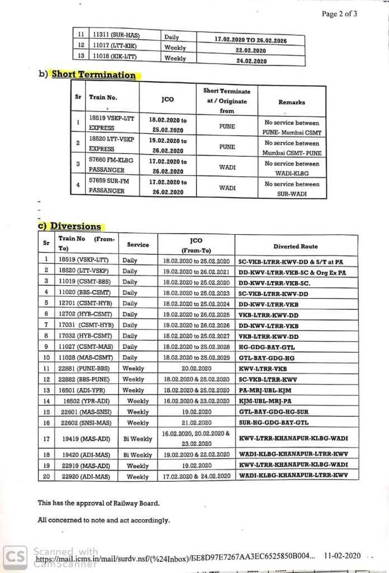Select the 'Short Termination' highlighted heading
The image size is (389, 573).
(94, 74)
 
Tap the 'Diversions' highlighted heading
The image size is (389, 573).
(76, 226)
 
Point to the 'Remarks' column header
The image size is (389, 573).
(292, 103)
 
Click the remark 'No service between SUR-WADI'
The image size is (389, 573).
(292, 189)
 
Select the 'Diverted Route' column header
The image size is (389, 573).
(296, 246)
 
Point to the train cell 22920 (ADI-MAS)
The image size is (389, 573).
(84, 476)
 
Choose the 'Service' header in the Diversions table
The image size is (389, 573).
(138, 245)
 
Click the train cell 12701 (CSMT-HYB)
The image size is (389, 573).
(85, 304)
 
